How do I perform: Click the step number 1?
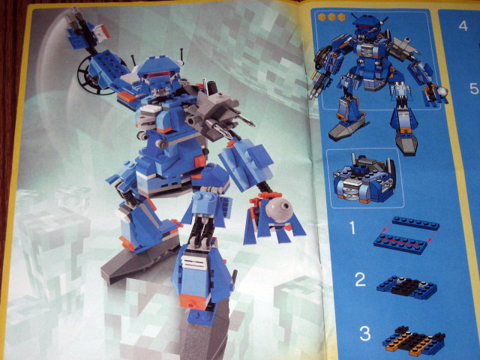tap(352, 228)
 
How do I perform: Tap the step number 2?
tap(360, 280)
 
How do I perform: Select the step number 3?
tap(365, 334)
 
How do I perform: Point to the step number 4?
tap(463, 25)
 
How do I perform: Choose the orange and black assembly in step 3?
tap(413, 339)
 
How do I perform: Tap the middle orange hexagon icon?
tap(331, 17)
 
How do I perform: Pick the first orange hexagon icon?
tap(322, 17)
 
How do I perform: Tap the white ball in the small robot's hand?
tap(442, 91)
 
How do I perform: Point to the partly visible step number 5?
tap(475, 88)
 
